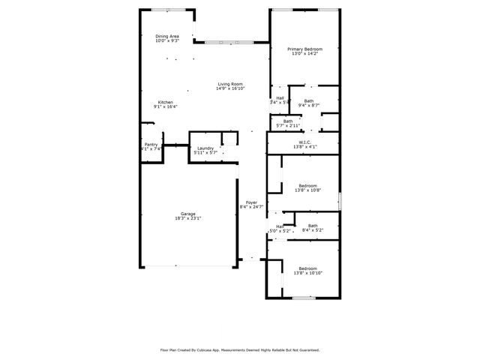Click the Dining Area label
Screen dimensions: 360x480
point(167,36)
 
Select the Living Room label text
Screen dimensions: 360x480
point(230,84)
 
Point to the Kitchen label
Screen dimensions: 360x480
point(165,102)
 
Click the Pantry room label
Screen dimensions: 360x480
point(151,144)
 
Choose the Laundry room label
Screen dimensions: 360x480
point(205,148)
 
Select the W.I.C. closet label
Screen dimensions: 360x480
point(305,142)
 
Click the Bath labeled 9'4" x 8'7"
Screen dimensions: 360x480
point(309,100)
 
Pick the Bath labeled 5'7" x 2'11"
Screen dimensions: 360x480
point(288,121)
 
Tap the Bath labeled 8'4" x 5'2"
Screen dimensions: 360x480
point(312,226)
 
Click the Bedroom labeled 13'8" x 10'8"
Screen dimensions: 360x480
point(308,185)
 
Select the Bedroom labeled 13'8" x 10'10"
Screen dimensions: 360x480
point(308,268)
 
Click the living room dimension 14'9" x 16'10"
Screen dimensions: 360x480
point(230,88)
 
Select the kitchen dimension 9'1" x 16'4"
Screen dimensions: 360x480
point(165,106)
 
